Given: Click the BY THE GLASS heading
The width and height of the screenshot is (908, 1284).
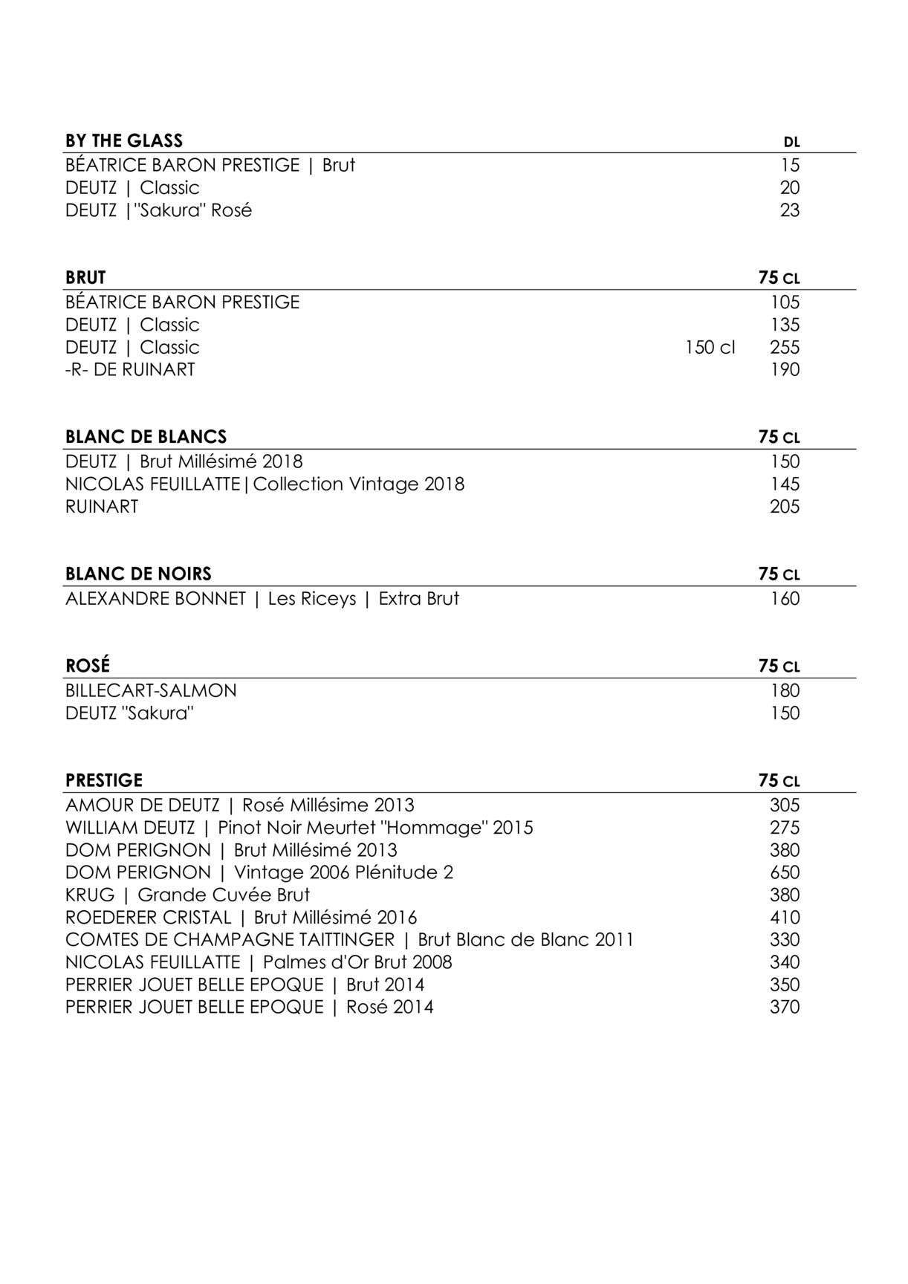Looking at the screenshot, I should click(x=123, y=140).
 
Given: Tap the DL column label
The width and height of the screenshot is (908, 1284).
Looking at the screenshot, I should click(x=791, y=142).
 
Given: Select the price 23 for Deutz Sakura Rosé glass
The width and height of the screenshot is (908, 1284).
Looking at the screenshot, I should click(x=790, y=210).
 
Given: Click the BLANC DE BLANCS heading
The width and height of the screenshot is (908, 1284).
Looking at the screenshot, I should click(x=146, y=436).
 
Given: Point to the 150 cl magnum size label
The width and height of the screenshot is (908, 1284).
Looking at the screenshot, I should click(x=710, y=347).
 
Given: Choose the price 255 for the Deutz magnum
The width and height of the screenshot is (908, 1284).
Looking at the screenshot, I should click(x=785, y=347).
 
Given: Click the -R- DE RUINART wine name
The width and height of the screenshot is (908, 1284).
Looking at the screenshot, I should click(x=130, y=369).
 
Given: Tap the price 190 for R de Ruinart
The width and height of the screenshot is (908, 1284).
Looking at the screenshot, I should click(x=785, y=369).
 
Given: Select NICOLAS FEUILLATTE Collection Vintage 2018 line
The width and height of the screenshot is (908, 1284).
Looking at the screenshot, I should click(x=265, y=484).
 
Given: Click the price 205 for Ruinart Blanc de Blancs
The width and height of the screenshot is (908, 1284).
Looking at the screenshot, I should click(x=785, y=507).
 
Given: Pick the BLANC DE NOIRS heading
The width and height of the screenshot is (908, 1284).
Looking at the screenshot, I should click(x=138, y=574).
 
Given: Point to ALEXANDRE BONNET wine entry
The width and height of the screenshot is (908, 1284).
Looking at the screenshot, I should click(x=262, y=598).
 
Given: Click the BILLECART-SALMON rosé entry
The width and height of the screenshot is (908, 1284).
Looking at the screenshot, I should click(x=151, y=690).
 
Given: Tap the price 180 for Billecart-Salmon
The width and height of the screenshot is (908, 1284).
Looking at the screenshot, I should click(x=785, y=690).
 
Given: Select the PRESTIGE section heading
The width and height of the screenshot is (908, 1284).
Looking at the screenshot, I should click(x=104, y=780).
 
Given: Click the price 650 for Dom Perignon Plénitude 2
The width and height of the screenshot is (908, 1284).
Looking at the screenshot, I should click(x=785, y=872).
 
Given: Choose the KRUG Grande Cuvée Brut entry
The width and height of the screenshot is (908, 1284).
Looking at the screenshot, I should click(x=187, y=895).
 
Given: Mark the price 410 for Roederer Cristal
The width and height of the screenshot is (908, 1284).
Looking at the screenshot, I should click(x=785, y=917).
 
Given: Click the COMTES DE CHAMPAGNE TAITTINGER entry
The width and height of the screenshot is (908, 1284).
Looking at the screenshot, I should click(x=349, y=939).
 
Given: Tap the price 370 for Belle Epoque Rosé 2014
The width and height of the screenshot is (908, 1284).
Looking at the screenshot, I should click(x=785, y=1007).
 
